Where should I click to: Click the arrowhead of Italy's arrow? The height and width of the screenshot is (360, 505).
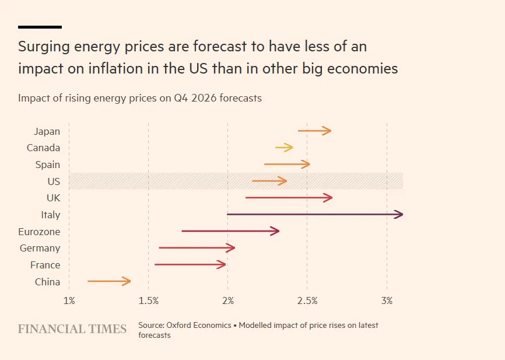[x=399, y=215]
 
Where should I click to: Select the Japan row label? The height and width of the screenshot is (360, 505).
[x=47, y=131]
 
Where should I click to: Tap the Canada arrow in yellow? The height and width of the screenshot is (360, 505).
[x=284, y=148]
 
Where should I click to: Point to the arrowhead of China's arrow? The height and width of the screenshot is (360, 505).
[x=127, y=282]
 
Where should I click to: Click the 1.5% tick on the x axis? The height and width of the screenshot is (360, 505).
[x=149, y=300]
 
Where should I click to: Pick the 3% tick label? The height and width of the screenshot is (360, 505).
[x=387, y=300]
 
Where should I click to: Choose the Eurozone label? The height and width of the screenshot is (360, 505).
[x=39, y=232]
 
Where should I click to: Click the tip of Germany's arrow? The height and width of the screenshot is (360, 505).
[x=232, y=248]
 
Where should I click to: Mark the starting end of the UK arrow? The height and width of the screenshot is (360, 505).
[x=247, y=198]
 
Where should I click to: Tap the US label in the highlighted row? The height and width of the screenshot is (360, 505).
[x=54, y=181]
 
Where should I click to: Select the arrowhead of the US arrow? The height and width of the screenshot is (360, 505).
[x=283, y=181]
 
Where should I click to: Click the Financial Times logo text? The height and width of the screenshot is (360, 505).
[x=72, y=329]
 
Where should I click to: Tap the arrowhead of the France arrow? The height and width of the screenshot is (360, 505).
[x=222, y=265]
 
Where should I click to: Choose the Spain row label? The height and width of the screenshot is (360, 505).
[x=47, y=165]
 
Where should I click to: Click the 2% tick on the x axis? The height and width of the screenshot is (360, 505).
[x=228, y=300]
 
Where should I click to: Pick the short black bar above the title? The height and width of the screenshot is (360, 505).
[x=40, y=27]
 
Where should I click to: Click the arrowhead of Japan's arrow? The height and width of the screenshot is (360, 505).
[x=328, y=131]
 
